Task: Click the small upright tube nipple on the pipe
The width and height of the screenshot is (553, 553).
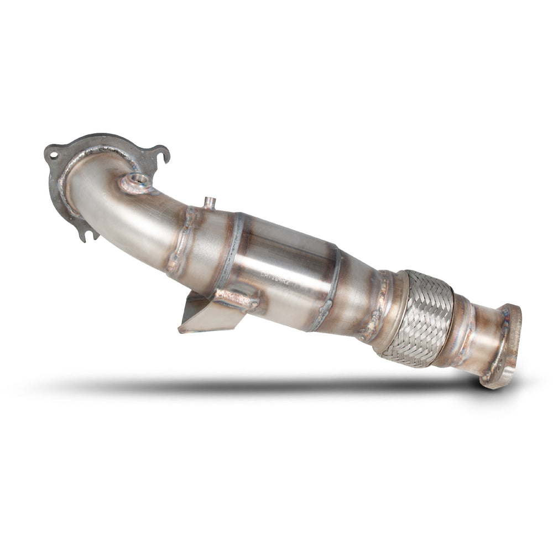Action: (x=209, y=202)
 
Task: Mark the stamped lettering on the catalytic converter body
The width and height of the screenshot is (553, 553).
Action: (x=282, y=274)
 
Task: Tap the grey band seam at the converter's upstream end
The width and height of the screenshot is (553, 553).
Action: (x=232, y=249)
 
